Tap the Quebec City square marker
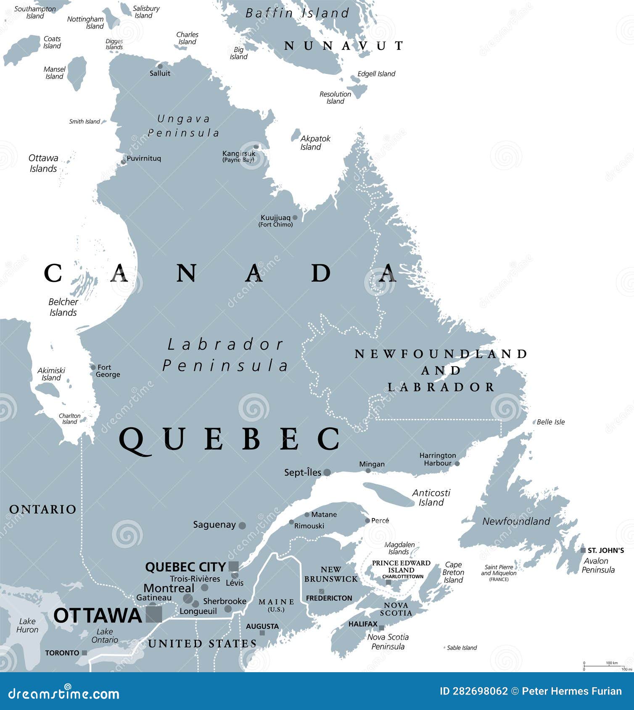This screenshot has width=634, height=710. coord(233,566)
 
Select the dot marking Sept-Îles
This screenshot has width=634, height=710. coord(327,473)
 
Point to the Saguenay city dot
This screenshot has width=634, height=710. coord(242,525)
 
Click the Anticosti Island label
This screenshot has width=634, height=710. coord(431,497)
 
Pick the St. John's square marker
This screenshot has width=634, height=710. coord(583,550)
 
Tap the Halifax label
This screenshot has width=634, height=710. coord(363,624)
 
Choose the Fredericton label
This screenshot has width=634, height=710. coord(329,598)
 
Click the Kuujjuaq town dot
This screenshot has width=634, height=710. coord(295,218)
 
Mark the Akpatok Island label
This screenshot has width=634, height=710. coord(315,142)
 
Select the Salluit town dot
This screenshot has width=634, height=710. coord(160,66)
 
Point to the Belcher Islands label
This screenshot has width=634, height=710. coord(63,307)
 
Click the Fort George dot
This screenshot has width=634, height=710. coord(93,367)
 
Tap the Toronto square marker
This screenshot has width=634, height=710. coord(85,653)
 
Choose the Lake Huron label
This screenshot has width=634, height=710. coord(27,626)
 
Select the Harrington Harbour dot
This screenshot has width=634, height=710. coord(457,464)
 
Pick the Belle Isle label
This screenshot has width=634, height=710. coord(551,422)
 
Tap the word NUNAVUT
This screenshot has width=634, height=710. coord(343,46)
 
